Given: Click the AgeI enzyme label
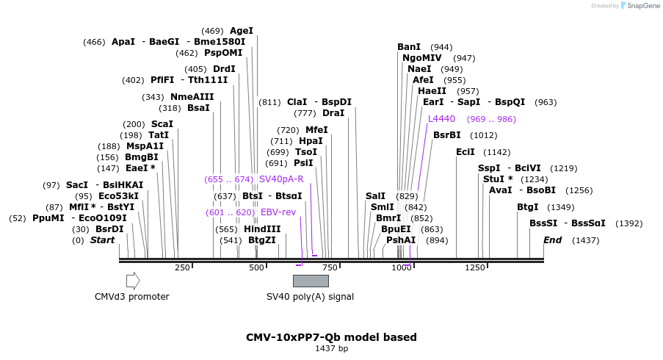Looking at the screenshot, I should click(242, 31).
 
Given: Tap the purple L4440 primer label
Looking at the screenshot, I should click(441, 118).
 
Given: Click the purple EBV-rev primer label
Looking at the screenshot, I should click(278, 212).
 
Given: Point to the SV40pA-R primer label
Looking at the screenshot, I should click(281, 179).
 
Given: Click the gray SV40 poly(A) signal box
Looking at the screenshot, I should click(311, 281).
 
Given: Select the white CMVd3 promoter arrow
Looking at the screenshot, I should click(133, 281).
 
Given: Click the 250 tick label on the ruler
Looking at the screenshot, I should click(182, 268).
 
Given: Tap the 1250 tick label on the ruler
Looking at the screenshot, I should click(474, 268).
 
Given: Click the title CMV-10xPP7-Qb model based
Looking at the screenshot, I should click(331, 337).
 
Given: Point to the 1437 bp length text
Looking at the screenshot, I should click(331, 348).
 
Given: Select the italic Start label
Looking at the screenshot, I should click(102, 240).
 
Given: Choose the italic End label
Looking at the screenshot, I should click(552, 240).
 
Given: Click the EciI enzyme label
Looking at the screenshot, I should click(465, 151).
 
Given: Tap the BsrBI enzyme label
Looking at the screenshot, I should click(446, 134).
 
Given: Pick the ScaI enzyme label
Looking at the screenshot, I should click(162, 124).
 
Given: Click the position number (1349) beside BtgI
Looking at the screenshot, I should click(562, 207).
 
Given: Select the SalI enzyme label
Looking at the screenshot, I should click(375, 195).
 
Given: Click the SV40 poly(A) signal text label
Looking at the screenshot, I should click(310, 297).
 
